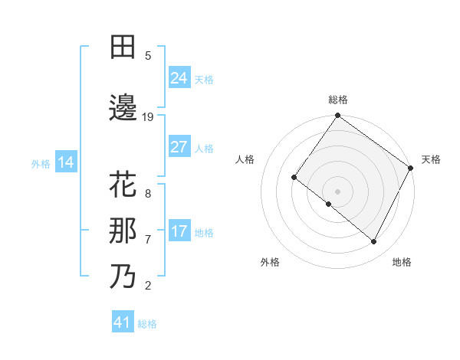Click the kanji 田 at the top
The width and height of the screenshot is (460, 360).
click(123, 48)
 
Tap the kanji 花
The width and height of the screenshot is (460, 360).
click(123, 186)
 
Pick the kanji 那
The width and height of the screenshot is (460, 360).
click(123, 231)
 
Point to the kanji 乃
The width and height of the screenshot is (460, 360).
click(123, 276)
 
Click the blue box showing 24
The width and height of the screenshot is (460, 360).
click(179, 77)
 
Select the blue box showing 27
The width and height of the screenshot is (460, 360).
click(179, 147)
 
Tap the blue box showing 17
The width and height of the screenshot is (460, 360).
click(179, 231)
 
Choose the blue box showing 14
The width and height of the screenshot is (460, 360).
click(65, 162)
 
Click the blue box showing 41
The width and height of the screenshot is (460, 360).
click(123, 322)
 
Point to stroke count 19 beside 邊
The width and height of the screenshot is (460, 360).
click(148, 116)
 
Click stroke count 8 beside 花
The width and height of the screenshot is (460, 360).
click(148, 193)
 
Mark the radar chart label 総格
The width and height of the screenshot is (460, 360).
click(337, 100)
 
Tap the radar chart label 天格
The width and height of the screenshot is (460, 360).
click(431, 159)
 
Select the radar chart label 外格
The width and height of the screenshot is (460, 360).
click(270, 262)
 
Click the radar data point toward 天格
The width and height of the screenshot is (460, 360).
click(412, 167)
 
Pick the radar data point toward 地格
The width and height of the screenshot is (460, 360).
click(374, 242)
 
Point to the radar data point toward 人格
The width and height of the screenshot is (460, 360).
click(294, 177)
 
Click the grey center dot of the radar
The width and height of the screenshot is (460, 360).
click(337, 191)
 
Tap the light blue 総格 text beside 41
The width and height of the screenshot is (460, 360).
click(147, 324)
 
